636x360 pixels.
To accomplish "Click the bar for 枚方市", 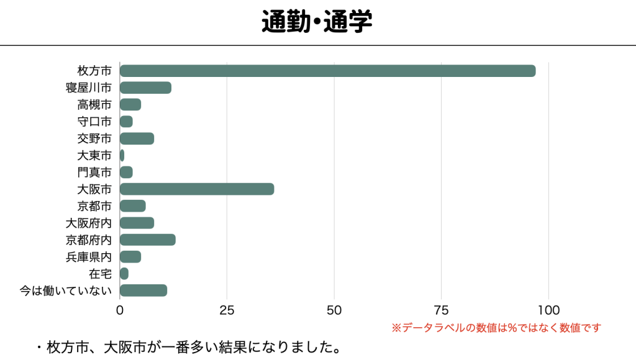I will click(327, 71).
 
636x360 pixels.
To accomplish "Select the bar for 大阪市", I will click(197, 189).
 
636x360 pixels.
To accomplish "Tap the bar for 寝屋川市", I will click(145, 88).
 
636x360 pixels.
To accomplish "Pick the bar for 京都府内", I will click(148, 240).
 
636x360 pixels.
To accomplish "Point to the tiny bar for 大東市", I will click(122, 155).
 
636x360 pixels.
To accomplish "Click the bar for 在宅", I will click(124, 274).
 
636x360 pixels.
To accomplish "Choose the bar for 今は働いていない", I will click(143, 290).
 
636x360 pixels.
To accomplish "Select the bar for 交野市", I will click(137, 138).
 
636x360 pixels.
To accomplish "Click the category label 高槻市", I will click(94, 104).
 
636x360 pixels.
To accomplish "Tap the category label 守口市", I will click(94, 121).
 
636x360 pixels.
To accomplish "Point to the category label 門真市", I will click(94, 172).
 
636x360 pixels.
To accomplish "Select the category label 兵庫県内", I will click(89, 257).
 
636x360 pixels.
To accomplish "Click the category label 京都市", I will click(94, 206).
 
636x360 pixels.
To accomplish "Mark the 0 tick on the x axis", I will click(120, 310).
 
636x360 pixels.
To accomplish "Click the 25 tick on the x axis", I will click(227, 310).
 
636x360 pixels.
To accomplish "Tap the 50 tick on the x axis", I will click(334, 310).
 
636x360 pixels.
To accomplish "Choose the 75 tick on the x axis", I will click(441, 310).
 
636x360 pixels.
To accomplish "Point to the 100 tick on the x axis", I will click(548, 310).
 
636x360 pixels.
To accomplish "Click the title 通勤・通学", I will click(317, 22).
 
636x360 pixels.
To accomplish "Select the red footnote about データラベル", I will click(496, 328).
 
